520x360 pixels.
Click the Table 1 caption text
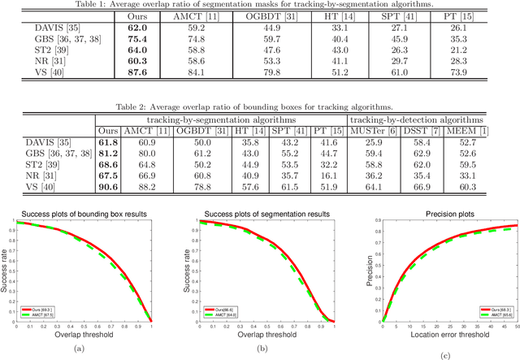[x=260, y=6]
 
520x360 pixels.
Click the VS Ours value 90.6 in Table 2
[x=107, y=187]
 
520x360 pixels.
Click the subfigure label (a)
[x=78, y=348]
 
